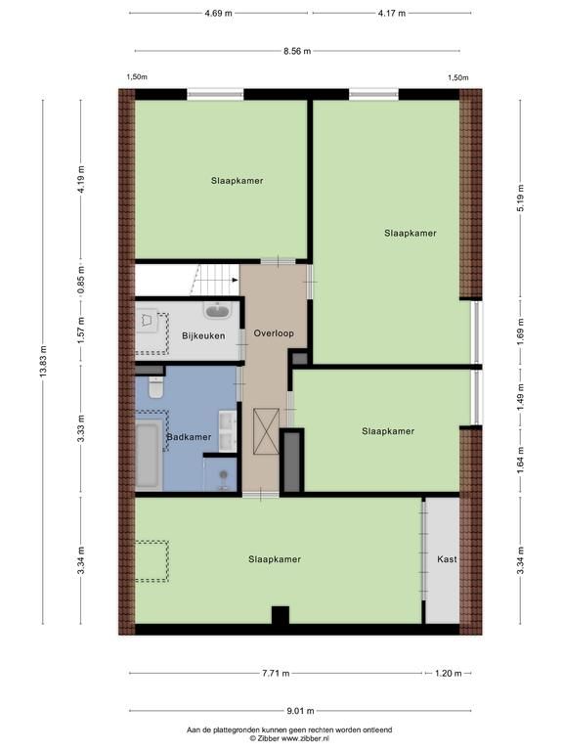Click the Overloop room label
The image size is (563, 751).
(x=274, y=333)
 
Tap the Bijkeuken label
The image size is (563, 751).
(x=203, y=335)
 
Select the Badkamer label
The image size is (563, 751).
(x=189, y=437)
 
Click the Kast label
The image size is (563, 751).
(x=447, y=559)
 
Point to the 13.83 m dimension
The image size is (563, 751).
(x=43, y=362)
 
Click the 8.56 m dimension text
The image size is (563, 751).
(x=297, y=51)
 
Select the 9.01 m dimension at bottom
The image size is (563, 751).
(x=301, y=711)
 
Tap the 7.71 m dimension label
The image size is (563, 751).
(x=276, y=674)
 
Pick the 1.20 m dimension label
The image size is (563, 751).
(x=448, y=674)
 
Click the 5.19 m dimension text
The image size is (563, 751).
(x=521, y=198)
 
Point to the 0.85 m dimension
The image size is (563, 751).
(x=81, y=280)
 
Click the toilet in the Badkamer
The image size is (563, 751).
(x=156, y=387)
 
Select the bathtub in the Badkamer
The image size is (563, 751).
(x=149, y=455)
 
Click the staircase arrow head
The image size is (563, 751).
(x=235, y=280)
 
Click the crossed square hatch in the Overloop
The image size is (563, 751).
(x=267, y=430)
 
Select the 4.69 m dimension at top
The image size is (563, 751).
(x=218, y=14)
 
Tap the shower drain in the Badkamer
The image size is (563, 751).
(x=223, y=474)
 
